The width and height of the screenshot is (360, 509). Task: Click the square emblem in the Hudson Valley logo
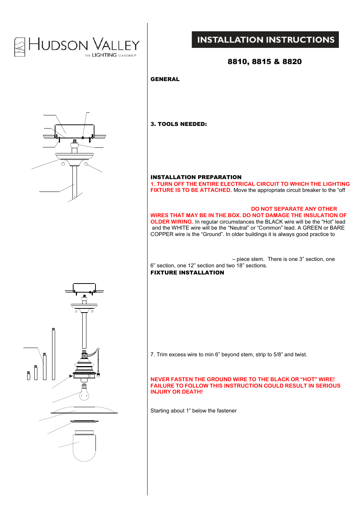[x=20, y=47]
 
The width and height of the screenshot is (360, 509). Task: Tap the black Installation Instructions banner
[x=265, y=40]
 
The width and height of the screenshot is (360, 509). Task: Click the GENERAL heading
[x=165, y=79]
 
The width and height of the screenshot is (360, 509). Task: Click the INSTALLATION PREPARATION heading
[x=196, y=177]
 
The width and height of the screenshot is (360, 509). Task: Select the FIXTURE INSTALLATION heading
[x=187, y=273]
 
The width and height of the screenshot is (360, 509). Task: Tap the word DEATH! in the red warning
[x=192, y=392]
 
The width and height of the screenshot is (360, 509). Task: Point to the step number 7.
[x=152, y=354]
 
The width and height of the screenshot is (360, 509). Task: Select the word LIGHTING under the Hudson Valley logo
[x=104, y=55]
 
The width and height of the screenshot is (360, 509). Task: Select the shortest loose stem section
[x=28, y=376]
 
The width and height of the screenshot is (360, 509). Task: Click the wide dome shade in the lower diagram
[x=84, y=410]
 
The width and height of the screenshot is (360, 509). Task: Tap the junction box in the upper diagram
[x=74, y=131]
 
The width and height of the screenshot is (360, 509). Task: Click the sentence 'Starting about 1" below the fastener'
[x=194, y=411]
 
